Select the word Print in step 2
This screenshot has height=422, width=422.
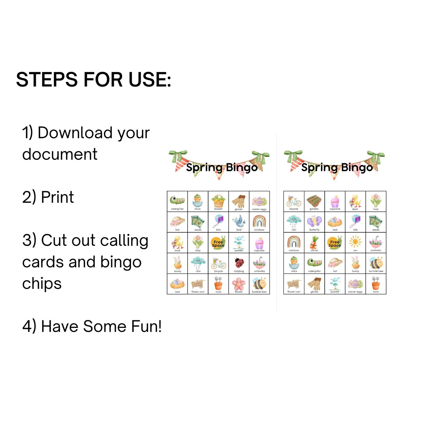tap(57, 197)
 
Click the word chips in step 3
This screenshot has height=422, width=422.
tap(42, 284)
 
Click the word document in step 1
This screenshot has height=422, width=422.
tap(60, 154)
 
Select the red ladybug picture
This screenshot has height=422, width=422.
tap(239, 263)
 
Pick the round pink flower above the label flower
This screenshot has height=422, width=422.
tap(239, 284)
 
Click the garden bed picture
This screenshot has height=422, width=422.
tap(314, 201)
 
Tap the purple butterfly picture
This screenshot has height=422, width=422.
tap(314, 221)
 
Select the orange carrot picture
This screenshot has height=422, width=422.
tap(314, 242)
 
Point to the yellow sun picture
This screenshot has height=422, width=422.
tap(355, 242)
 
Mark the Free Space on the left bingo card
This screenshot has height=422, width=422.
tap(218, 243)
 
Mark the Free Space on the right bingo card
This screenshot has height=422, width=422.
tap(335, 243)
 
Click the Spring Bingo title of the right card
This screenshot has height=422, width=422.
tap(337, 167)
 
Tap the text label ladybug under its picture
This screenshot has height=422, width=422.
tap(239, 271)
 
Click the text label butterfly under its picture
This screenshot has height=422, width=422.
tap(314, 230)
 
